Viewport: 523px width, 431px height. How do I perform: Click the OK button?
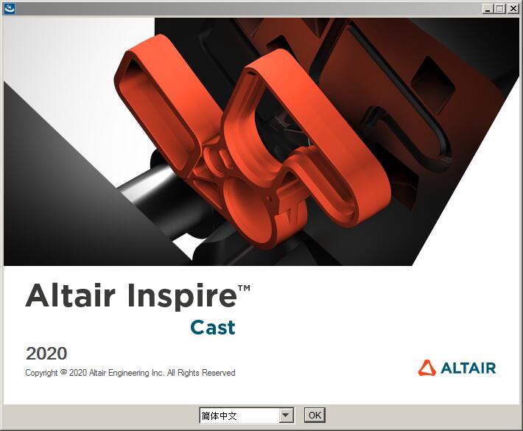point(315,416)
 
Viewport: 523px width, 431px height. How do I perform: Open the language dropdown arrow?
point(286,416)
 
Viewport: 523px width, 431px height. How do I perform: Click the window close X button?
point(513,9)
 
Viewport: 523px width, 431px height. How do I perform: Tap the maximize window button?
point(499,9)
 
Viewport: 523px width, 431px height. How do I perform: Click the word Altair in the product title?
point(71,295)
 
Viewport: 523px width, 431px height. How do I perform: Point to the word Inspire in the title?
point(183,297)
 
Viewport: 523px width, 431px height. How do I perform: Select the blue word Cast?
point(213,327)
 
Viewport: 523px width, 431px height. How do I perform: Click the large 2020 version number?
point(46,354)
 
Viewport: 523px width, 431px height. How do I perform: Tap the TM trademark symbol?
point(244,288)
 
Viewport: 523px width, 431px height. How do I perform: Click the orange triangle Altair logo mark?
point(427,368)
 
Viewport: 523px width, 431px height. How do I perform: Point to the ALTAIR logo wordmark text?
point(468,368)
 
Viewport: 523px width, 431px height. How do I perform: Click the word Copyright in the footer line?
point(41,373)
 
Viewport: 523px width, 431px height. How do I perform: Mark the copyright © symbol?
point(63,371)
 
